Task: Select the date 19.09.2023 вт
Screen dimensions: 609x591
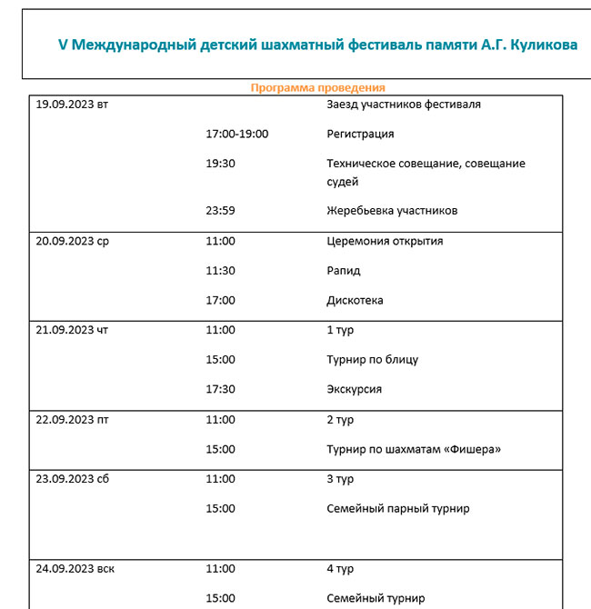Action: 72,105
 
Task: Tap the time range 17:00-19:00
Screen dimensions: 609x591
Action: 237,134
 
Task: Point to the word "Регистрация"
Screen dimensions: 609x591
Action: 360,134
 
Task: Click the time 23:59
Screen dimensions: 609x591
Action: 221,211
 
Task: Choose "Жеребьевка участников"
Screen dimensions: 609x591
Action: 392,211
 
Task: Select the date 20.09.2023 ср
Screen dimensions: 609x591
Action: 72,242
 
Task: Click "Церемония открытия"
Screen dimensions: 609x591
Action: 385,242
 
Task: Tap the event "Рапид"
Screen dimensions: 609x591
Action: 344,271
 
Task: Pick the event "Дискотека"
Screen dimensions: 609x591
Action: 355,300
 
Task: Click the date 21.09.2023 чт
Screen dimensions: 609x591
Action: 72,330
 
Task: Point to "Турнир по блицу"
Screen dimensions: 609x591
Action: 372,359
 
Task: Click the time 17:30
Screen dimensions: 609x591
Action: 221,389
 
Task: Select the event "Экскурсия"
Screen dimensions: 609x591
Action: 354,389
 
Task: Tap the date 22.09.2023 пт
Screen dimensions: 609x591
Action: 72,420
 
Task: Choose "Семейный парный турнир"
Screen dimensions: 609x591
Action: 397,508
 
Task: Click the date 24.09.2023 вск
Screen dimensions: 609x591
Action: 75,570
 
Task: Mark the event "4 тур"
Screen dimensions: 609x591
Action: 340,570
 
